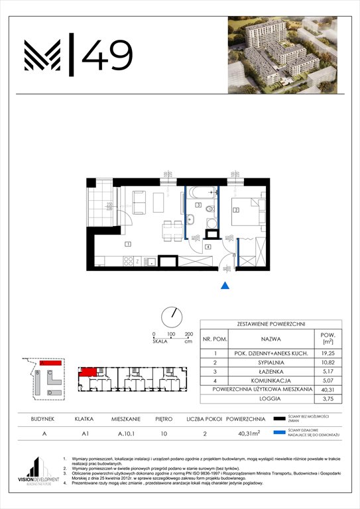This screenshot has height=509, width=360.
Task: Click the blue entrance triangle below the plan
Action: pos(225,286)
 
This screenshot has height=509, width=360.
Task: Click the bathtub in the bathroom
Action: pos(202,194)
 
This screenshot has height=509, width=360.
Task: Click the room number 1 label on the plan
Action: pos(128,244)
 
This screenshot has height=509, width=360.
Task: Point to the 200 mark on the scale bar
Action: pos(188,334)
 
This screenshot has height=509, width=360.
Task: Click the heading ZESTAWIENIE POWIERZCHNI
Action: pos(270,324)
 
